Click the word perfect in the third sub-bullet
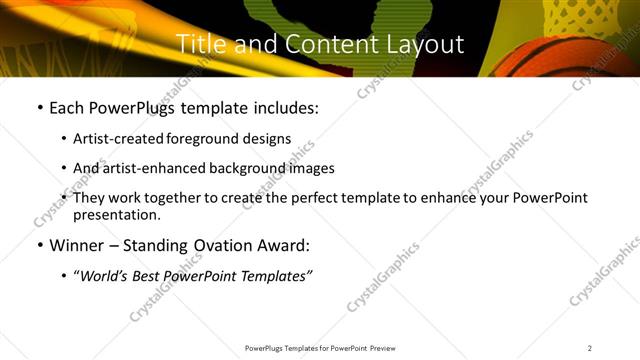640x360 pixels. pyautogui.click(x=300, y=198)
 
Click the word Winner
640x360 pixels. pyautogui.click(x=78, y=245)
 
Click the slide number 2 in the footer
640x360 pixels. pyautogui.click(x=590, y=347)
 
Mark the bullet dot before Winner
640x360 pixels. pyautogui.click(x=40, y=246)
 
